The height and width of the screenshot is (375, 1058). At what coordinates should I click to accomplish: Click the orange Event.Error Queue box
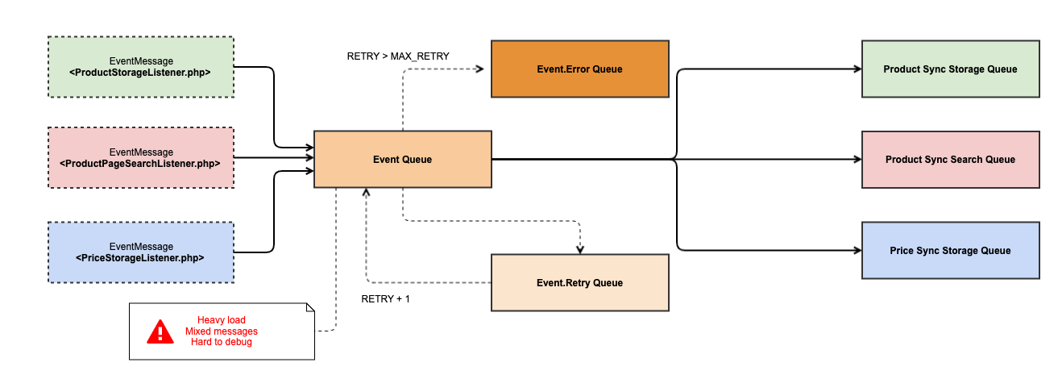tap(579, 69)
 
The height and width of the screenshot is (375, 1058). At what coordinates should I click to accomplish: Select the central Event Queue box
tap(402, 160)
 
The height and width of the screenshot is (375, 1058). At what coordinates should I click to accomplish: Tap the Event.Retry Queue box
tap(579, 283)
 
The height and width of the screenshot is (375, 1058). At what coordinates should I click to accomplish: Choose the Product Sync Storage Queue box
tap(950, 69)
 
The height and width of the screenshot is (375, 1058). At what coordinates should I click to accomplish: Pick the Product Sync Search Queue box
tap(950, 160)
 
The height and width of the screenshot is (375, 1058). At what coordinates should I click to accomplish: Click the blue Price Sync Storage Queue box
tap(950, 251)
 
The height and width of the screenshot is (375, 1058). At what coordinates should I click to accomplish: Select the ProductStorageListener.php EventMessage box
tap(141, 67)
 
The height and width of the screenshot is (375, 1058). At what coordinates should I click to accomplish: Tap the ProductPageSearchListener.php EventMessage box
tap(141, 158)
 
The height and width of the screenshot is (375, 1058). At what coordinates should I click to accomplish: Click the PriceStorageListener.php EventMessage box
tap(141, 252)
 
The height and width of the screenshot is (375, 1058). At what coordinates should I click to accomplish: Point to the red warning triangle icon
tap(160, 331)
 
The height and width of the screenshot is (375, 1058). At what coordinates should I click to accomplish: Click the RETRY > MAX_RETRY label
tap(398, 56)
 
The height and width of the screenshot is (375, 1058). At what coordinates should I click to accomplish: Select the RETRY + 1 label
tap(386, 299)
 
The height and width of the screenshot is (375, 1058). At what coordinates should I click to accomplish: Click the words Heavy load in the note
tap(222, 320)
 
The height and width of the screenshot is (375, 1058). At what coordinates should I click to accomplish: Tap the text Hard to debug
tap(222, 342)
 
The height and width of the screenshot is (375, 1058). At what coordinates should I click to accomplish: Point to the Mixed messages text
tap(222, 331)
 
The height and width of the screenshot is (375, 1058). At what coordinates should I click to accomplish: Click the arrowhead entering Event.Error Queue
tap(486, 69)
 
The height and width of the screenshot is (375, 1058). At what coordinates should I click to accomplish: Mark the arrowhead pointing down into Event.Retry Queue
tap(580, 249)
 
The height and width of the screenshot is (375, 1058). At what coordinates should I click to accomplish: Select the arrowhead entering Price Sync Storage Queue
tap(857, 251)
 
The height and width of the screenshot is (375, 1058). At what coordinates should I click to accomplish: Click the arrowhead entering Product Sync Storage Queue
tap(857, 69)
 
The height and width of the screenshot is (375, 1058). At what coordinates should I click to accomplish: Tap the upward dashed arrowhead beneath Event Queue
tap(367, 193)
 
